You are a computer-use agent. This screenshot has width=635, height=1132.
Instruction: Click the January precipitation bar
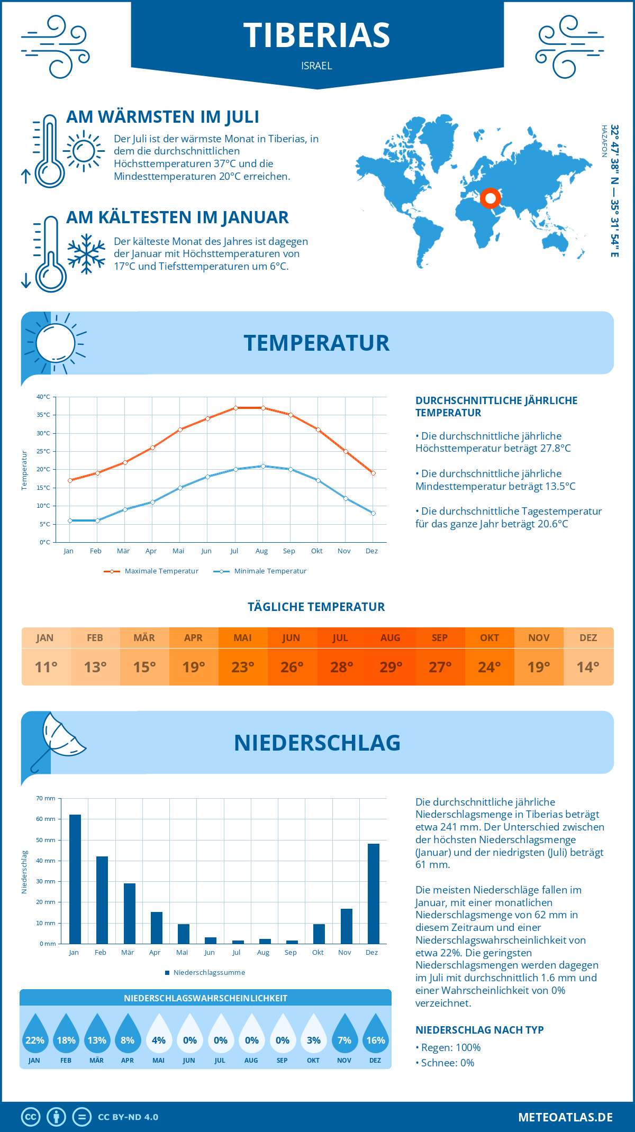[x=75, y=879]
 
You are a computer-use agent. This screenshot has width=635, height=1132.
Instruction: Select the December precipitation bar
[x=374, y=894]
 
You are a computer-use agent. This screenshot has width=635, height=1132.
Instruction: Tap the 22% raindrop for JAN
[x=35, y=1034]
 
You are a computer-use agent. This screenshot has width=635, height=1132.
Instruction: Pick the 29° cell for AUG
[x=391, y=667]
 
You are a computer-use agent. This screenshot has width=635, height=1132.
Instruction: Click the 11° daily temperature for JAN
[x=46, y=667]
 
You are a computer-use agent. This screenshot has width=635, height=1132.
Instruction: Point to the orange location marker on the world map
[x=491, y=198]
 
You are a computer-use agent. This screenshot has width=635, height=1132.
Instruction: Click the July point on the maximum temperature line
[x=235, y=408]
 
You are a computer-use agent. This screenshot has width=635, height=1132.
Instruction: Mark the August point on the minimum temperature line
[x=263, y=466]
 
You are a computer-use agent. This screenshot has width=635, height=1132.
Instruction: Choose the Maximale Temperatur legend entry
[x=152, y=571]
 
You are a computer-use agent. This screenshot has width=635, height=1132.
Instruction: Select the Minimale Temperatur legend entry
[x=260, y=571]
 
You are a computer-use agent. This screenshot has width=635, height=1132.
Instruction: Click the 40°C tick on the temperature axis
[x=43, y=397]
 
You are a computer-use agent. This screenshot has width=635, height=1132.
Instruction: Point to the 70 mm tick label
[x=46, y=798]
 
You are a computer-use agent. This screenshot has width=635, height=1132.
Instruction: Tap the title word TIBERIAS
[x=316, y=35]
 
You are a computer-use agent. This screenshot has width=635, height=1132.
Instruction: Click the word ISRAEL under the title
[x=316, y=66]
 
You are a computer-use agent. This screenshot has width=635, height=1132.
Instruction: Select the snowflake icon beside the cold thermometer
[x=86, y=254]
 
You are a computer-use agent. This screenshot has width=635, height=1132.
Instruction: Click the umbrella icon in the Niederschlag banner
[x=58, y=741]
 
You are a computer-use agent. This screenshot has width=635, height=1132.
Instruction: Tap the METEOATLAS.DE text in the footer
[x=565, y=1117]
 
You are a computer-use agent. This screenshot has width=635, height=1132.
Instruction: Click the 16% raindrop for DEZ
[x=376, y=1034]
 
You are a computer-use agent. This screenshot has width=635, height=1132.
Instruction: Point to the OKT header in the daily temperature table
[x=489, y=638]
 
